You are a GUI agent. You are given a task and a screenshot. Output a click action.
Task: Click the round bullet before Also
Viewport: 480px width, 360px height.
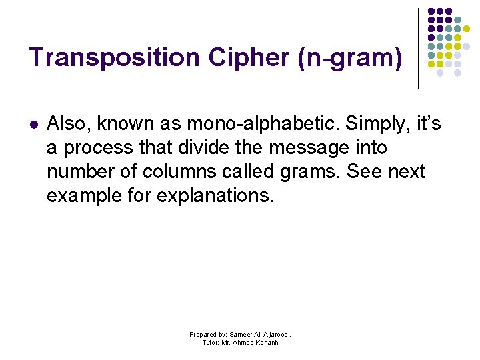click(34, 125)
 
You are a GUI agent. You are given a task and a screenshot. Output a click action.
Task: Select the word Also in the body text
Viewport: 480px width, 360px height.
click(66, 123)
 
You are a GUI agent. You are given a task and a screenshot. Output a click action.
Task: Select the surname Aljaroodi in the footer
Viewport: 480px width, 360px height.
click(276, 334)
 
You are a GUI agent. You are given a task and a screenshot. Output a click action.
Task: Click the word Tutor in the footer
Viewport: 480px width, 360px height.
click(211, 343)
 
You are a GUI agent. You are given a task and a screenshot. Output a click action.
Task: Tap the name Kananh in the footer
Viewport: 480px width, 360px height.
click(265, 343)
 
